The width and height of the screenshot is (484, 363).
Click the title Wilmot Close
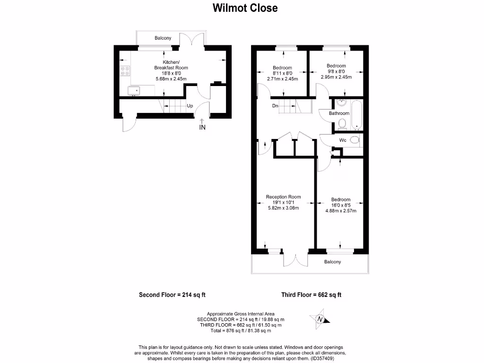pos(245,8)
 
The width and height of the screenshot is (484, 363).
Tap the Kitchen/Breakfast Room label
pos(171,65)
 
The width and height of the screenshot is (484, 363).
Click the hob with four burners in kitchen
pos(125,70)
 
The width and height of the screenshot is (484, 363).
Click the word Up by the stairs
pos(190,106)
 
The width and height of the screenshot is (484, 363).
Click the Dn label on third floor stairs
pos(275,106)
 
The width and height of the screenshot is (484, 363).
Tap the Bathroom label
pos(339,113)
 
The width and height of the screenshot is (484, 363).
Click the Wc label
pos(343,140)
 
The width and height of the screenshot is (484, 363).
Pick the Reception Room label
pos(283,197)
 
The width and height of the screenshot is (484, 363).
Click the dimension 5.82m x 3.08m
pos(283,208)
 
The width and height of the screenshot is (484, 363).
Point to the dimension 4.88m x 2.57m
pos(340,211)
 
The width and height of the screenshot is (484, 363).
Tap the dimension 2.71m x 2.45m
pos(283,79)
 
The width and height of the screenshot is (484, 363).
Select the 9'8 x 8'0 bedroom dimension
pos(336,71)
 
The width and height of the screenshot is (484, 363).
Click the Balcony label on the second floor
pos(163,38)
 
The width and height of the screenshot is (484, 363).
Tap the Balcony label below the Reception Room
pos(332,262)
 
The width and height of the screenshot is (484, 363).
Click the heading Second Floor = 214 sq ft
pos(172,295)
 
